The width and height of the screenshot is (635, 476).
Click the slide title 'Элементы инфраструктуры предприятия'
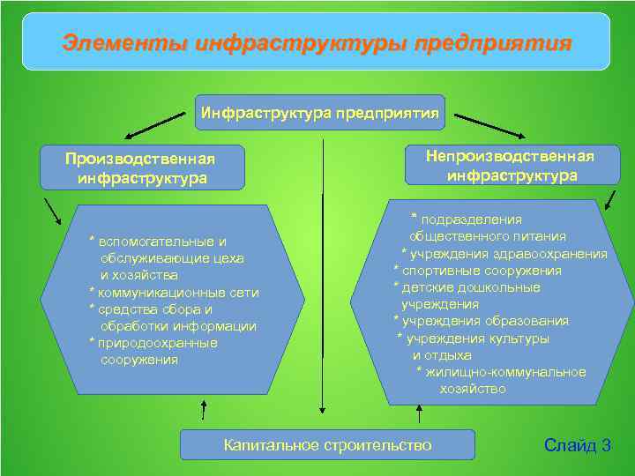317,42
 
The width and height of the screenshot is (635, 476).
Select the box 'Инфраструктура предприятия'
320,113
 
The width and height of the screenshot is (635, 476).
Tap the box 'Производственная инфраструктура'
141,167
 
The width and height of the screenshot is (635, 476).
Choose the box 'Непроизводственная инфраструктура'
512,165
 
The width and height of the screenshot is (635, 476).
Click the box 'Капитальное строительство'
327,445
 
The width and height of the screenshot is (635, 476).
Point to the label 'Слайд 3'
578,445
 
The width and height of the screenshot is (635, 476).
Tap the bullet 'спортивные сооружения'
482,271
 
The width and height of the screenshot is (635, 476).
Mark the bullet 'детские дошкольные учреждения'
471,295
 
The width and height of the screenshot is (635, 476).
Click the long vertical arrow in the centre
324,282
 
